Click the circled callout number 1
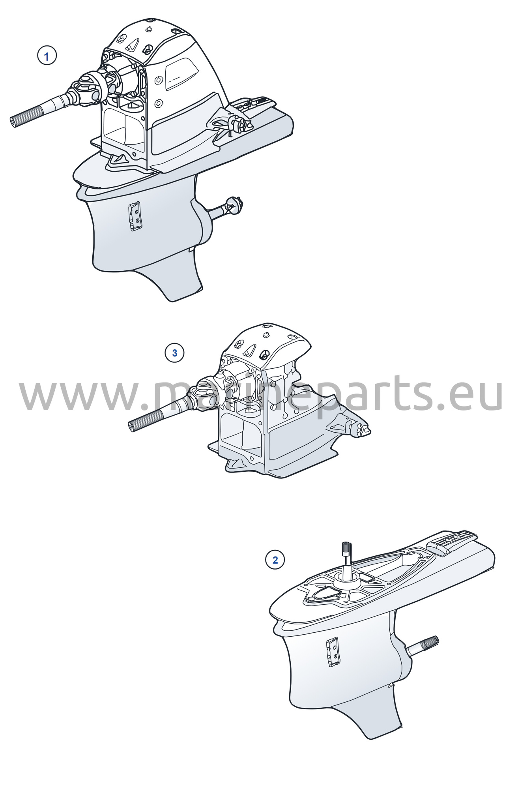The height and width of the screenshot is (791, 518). (x=47, y=56)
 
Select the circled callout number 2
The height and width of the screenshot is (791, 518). (x=275, y=560)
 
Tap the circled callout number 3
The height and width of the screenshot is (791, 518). (x=174, y=353)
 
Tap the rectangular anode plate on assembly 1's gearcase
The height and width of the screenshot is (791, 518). (x=135, y=216)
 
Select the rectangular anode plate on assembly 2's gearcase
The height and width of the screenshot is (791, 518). (x=333, y=652)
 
